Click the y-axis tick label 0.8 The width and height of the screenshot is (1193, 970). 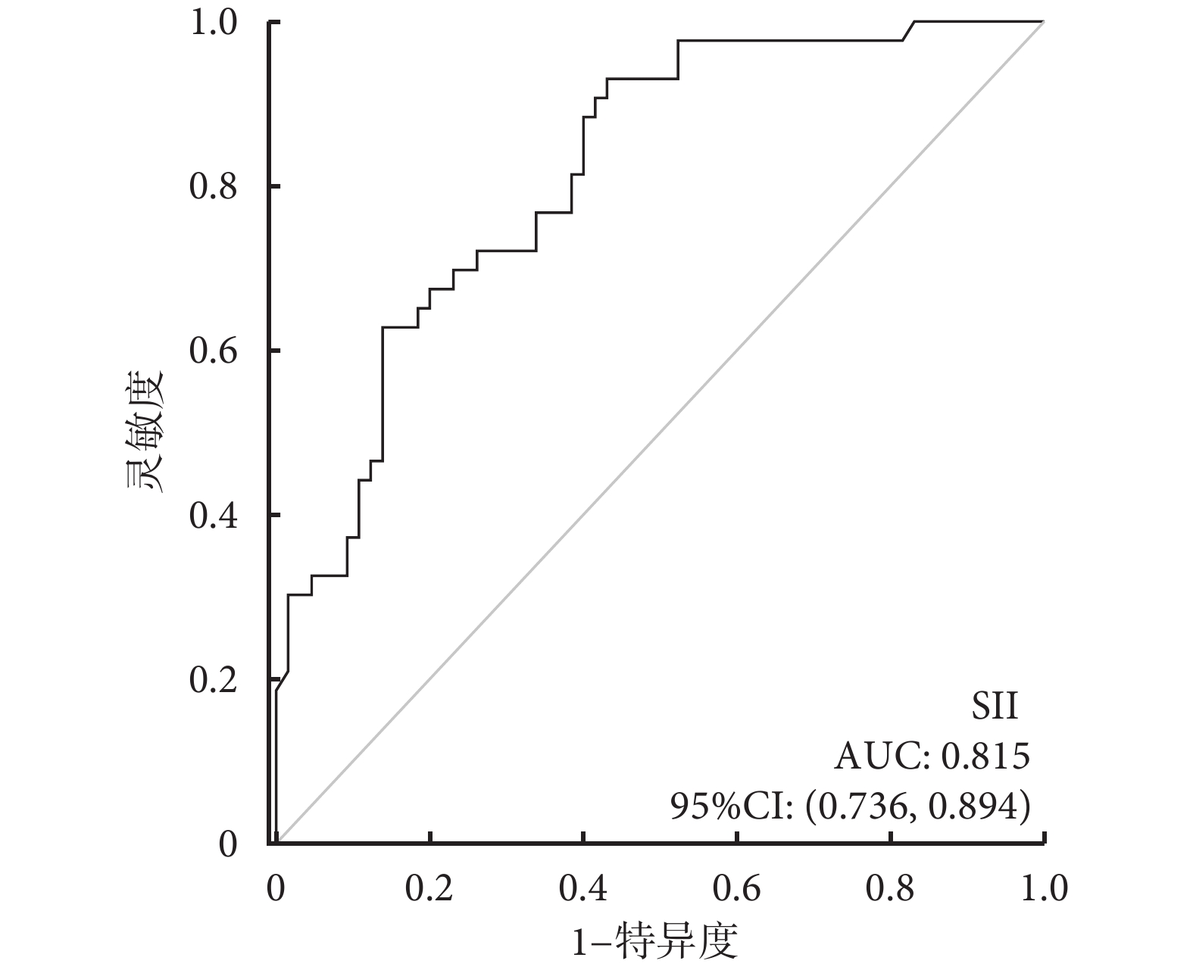214,187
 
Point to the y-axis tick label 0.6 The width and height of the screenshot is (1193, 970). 214,351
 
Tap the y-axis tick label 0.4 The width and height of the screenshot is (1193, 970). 214,516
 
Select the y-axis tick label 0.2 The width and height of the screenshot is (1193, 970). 214,680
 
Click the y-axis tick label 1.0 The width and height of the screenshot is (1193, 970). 214,23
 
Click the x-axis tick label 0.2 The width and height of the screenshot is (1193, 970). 429,887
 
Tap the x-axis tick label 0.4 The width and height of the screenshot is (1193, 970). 583,887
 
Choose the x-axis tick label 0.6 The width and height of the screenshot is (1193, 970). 737,887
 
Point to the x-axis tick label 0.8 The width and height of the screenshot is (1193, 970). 891,887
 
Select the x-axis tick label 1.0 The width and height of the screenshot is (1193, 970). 1044,887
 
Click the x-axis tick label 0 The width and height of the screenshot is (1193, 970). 276,887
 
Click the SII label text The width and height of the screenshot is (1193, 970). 995,706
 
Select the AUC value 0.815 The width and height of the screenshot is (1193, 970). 985,756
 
